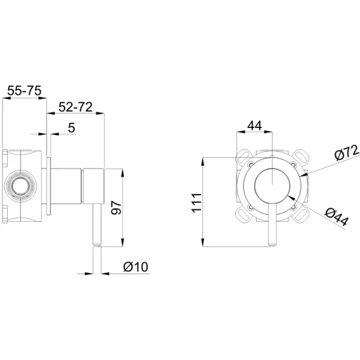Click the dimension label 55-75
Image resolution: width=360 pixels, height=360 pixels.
coord(24,91)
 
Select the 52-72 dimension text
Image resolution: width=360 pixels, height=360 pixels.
coord(75,107)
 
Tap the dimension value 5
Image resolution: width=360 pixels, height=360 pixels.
coord(72,127)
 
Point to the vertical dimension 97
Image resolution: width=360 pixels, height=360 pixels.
coord(116,207)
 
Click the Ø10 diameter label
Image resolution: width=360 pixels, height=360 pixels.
coord(136,267)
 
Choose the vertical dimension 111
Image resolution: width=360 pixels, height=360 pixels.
coord(197,203)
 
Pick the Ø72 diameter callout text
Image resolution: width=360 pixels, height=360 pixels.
coord(347,153)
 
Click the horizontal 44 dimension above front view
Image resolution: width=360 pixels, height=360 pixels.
coord(255,125)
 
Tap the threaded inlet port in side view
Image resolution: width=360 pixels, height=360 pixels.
coord(21,186)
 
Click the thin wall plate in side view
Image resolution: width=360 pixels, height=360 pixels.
coord(48,186)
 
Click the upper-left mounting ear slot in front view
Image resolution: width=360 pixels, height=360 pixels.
coord(243,157)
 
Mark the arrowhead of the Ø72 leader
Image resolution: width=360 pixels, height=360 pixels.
coord(304,175)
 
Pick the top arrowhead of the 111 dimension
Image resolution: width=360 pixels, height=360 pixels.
coord(203,162)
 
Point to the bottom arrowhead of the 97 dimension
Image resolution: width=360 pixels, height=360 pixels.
coord(122,243)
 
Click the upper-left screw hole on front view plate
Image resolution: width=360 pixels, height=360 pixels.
coord(251,164)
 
